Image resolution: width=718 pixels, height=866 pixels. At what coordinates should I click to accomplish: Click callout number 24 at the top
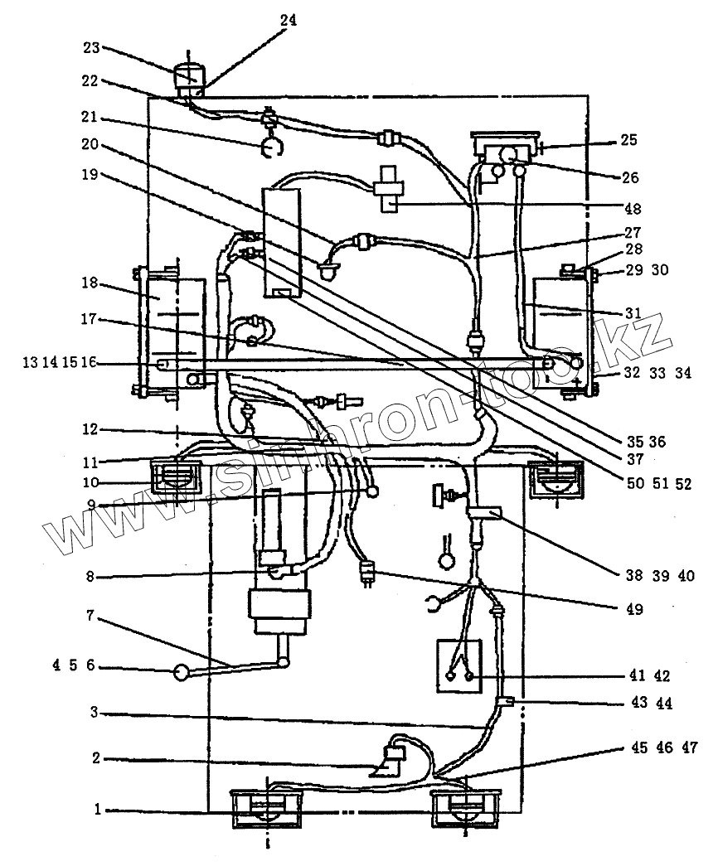tap(287, 20)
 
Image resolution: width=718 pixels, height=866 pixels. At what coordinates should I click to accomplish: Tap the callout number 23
tap(91, 48)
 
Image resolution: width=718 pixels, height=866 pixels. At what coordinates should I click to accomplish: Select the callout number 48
tap(633, 209)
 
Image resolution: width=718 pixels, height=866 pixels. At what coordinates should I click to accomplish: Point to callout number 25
tap(629, 141)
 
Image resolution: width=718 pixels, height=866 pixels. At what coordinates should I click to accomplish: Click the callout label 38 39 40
tap(661, 575)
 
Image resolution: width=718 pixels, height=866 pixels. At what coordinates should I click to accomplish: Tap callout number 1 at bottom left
tap(98, 810)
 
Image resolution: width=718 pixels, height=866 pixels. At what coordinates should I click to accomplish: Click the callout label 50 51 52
tap(661, 484)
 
